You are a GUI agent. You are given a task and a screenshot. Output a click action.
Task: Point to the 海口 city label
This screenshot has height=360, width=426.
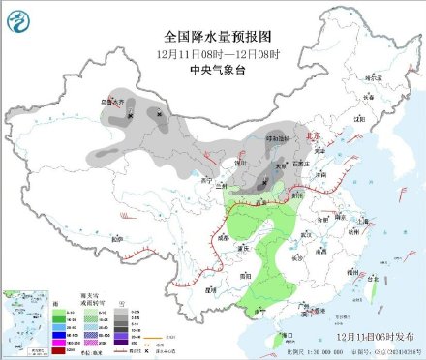(286, 334)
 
